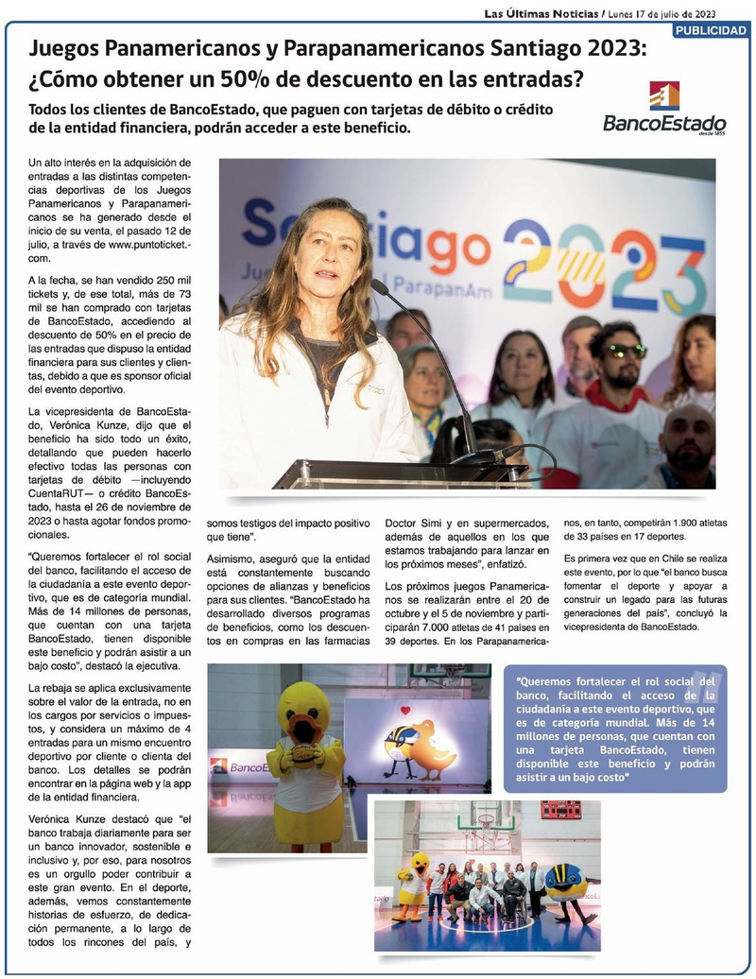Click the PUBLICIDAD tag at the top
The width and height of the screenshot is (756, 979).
point(711,30)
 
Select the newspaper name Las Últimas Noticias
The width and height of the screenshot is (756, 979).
point(541,13)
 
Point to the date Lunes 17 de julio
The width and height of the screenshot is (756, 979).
point(661,13)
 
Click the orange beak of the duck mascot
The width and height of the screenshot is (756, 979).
point(303,729)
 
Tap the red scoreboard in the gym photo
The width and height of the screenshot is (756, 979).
point(560,810)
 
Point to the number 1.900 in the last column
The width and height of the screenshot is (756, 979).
point(685,522)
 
